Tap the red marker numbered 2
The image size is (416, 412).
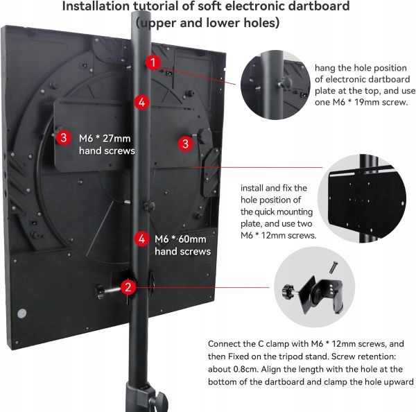pyautogui.click(x=128, y=286)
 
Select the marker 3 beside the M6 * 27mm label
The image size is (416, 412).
pyautogui.click(x=63, y=137)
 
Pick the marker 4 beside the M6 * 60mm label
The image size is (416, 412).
pyautogui.click(x=142, y=239)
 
